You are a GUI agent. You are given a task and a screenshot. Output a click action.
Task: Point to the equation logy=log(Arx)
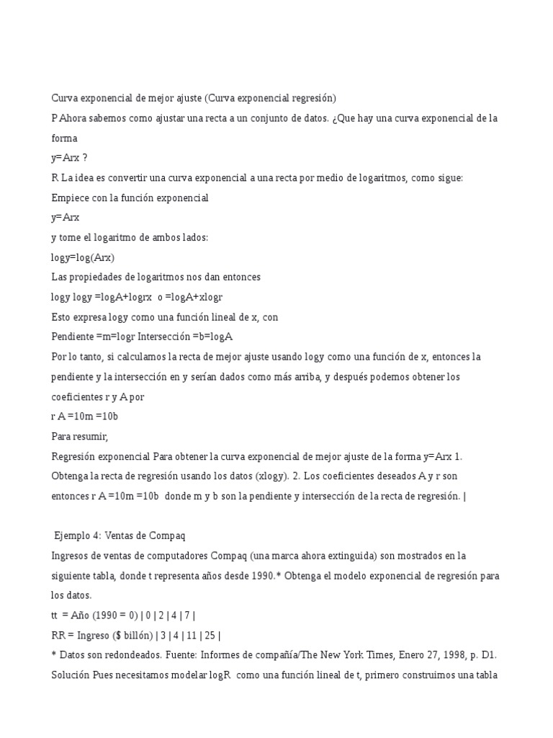[83, 257]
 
